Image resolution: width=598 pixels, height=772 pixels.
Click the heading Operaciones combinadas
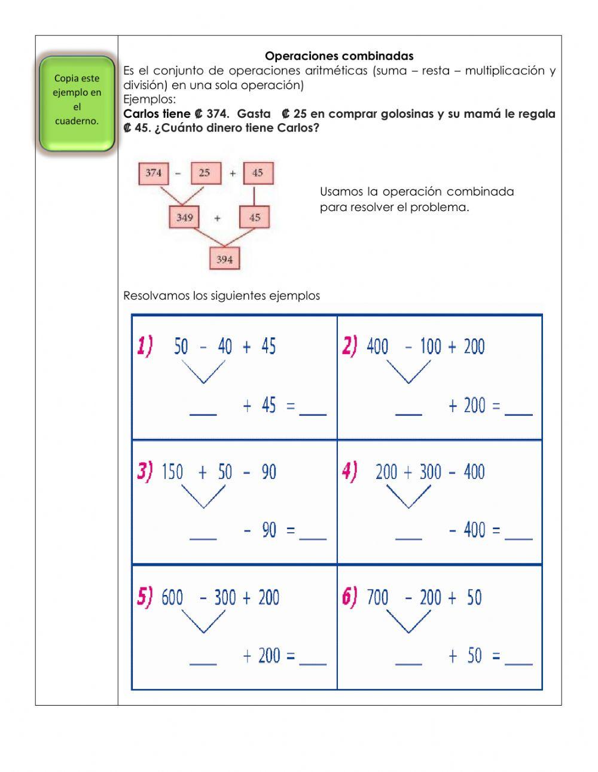tap(339, 56)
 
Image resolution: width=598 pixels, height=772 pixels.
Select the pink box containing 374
tap(154, 173)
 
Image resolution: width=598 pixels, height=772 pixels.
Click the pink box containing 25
tap(205, 173)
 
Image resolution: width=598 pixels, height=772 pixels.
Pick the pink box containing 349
tap(185, 217)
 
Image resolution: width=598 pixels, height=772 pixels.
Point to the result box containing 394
tap(224, 260)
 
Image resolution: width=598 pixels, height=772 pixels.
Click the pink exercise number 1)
tap(145, 346)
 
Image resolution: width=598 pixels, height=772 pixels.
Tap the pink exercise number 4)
tap(350, 472)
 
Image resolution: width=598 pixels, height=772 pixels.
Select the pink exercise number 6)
tap(350, 597)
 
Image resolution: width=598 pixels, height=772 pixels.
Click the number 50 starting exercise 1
tap(181, 346)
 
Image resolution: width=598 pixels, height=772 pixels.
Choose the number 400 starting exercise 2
tap(377, 346)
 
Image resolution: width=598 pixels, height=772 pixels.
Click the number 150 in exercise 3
tap(172, 472)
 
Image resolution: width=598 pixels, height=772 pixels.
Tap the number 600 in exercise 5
tap(172, 597)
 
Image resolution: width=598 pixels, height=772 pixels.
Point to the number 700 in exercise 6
tap(377, 597)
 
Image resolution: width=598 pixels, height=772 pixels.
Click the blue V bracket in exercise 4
tap(409, 496)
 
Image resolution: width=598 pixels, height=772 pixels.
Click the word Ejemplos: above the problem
tap(149, 99)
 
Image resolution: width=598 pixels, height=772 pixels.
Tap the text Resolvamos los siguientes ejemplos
tap(221, 295)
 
